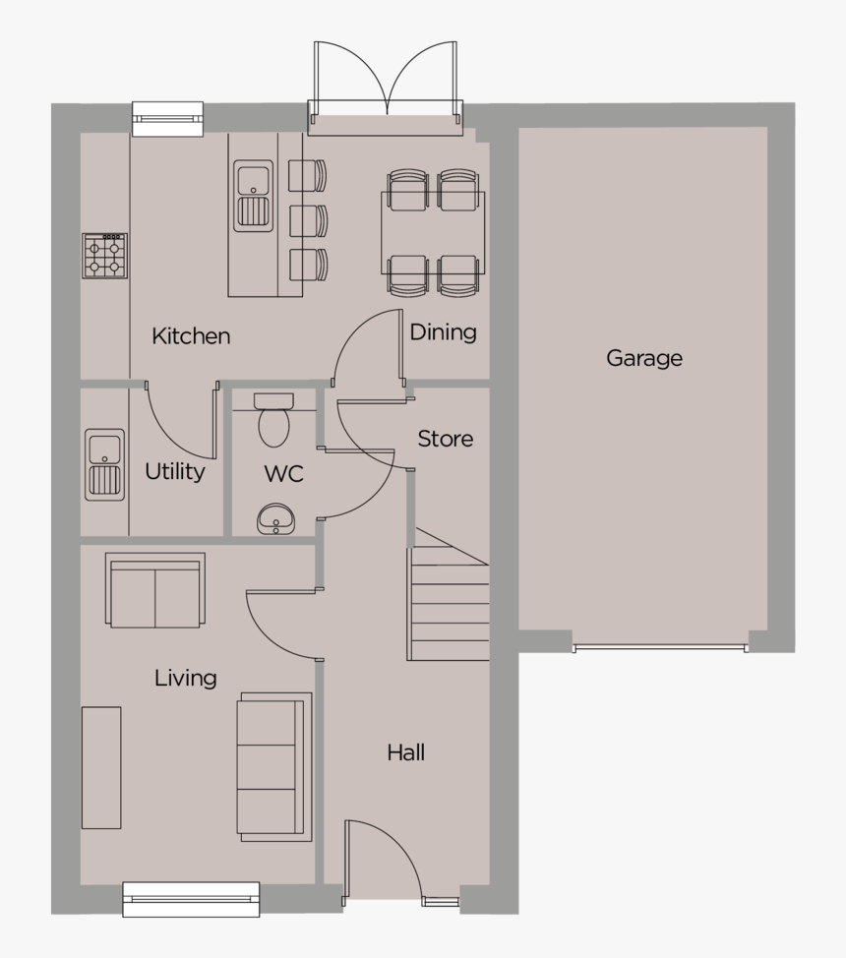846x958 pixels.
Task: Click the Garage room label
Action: pos(643,358)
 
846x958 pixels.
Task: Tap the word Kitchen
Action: pos(191,336)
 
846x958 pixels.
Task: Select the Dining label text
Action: pos(443,332)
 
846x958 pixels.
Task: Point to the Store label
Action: pos(445,439)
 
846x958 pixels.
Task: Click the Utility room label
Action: pos(175,472)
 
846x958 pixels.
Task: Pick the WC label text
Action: pos(283,474)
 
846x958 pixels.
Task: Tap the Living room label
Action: pos(185,678)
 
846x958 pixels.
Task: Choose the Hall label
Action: pos(405,753)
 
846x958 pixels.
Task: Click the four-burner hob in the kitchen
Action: pos(104,256)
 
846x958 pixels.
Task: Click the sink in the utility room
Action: pos(104,464)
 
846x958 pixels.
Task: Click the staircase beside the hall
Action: pos(449,605)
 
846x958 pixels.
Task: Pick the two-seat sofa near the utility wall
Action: pos(155,590)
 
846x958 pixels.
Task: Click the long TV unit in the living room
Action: pos(101,767)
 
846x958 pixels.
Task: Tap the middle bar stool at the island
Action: pos(308,219)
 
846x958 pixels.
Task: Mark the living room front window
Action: pos(191,898)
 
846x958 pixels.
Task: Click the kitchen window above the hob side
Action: pos(167,118)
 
